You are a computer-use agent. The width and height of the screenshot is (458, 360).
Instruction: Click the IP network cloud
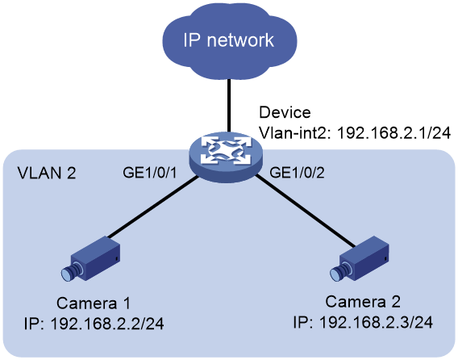tap(230, 41)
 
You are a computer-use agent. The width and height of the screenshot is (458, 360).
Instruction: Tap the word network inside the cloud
tap(240, 40)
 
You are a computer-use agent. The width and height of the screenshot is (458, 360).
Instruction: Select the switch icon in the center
tap(225, 157)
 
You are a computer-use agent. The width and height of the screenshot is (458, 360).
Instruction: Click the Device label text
tap(285, 112)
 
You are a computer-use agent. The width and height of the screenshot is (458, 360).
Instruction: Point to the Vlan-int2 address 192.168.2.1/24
tap(393, 133)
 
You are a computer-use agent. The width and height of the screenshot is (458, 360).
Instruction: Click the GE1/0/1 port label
tap(150, 173)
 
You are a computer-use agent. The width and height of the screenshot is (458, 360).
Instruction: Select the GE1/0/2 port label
tap(297, 173)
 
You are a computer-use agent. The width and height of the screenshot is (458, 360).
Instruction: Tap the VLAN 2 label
tap(47, 173)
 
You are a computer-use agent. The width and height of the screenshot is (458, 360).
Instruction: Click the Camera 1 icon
tap(91, 259)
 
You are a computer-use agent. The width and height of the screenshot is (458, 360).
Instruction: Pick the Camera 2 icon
tap(360, 259)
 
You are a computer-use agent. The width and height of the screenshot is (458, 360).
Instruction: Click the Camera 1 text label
tap(94, 303)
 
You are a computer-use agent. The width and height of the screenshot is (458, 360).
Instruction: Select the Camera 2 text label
tap(363, 302)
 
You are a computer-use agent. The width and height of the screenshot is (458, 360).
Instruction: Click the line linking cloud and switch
tap(229, 105)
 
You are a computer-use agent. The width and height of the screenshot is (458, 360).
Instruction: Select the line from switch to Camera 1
tap(152, 207)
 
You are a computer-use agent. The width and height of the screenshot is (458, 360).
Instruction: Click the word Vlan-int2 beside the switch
tap(294, 133)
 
